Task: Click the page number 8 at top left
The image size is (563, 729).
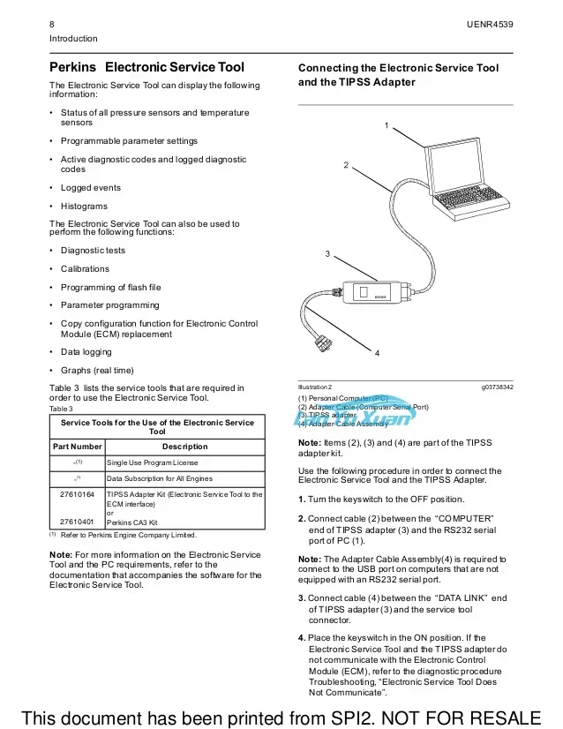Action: [x=52, y=24]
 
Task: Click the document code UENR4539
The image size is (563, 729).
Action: [x=490, y=24]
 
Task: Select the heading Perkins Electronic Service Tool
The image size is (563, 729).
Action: [x=146, y=67]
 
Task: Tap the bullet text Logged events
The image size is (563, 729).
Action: [x=90, y=187]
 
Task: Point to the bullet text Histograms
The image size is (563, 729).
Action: [x=84, y=206]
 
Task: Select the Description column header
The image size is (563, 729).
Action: [x=184, y=447]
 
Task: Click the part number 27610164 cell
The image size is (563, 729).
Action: [x=76, y=494]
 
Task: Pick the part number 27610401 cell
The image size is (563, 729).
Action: [x=76, y=522]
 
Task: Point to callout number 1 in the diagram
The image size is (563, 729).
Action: [x=387, y=125]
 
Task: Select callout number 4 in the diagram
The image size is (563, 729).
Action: [x=377, y=353]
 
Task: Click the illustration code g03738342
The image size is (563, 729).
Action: [x=498, y=387]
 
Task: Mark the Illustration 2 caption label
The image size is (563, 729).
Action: [x=315, y=387]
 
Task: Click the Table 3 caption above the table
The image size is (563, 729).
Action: [x=61, y=409]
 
